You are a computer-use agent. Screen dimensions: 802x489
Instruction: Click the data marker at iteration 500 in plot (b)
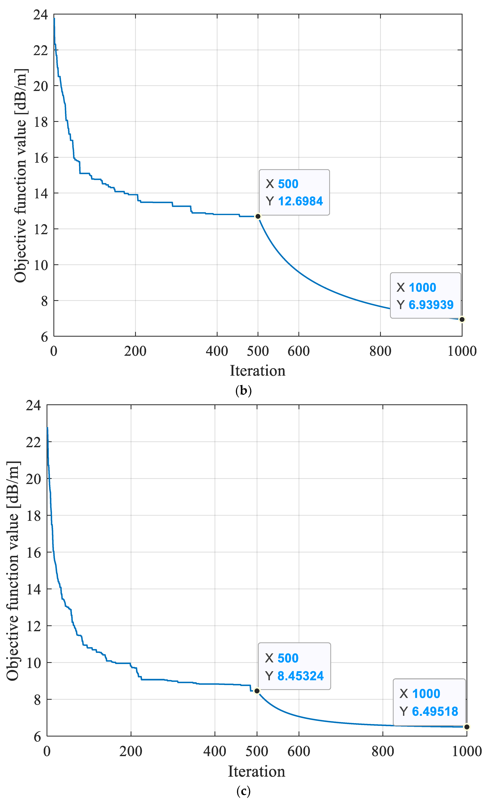(x=258, y=216)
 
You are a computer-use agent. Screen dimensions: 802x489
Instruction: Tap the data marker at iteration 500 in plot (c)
(x=257, y=691)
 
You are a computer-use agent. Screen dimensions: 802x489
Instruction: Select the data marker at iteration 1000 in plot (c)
(x=467, y=727)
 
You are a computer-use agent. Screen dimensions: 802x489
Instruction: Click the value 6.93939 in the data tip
(x=431, y=305)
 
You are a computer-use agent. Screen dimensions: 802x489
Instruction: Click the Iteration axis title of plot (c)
(x=256, y=771)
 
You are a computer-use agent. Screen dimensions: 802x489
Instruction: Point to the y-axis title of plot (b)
(x=20, y=176)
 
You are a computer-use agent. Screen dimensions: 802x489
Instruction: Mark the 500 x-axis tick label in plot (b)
(x=258, y=351)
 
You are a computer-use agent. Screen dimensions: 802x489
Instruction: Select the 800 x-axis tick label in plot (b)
(x=380, y=351)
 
